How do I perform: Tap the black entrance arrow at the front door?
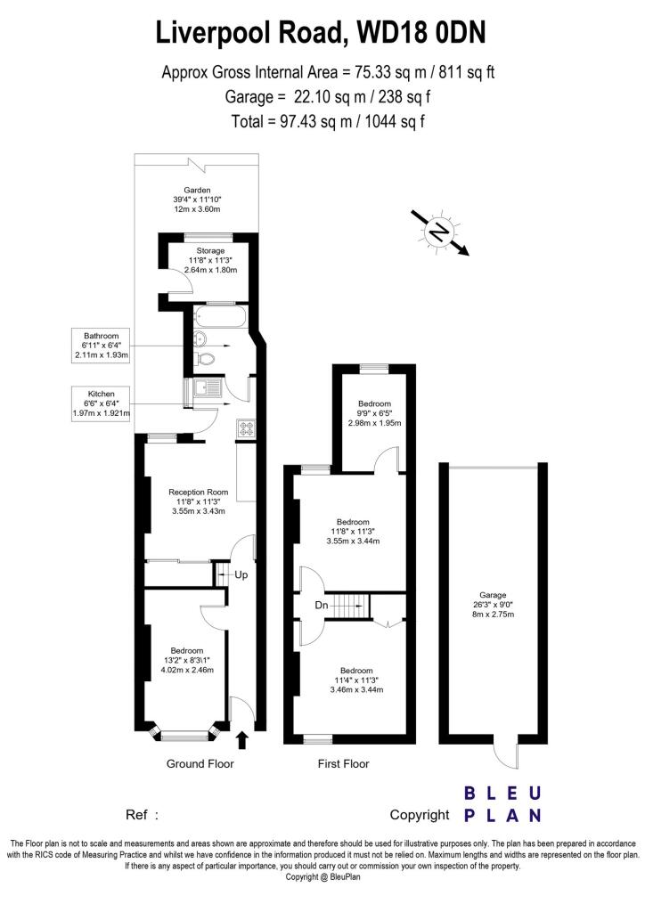pos(243,739)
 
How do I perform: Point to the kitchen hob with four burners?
pos(247,428)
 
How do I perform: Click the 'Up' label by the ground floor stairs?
pos(241,574)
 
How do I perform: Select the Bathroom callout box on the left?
pos(102,346)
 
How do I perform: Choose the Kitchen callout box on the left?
pos(102,403)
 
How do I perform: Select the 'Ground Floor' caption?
pos(200,764)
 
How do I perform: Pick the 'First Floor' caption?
pos(343,764)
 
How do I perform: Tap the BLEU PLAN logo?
pos(502,804)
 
